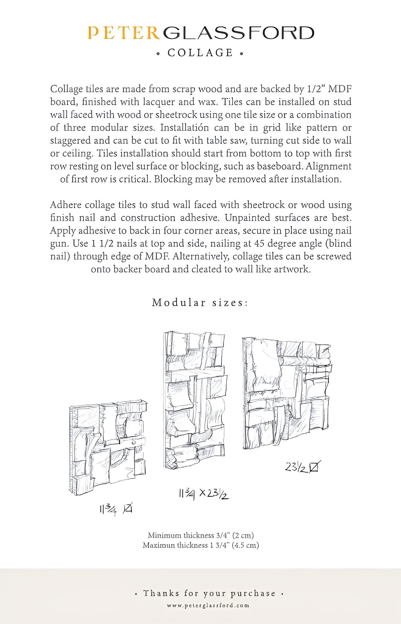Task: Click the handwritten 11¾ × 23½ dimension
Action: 204,494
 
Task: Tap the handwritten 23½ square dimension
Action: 301,467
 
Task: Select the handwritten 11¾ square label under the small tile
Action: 116,509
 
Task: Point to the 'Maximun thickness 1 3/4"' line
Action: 200,545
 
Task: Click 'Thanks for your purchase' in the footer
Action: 209,594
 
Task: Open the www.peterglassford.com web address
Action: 208,605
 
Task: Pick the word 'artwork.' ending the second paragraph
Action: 292,269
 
